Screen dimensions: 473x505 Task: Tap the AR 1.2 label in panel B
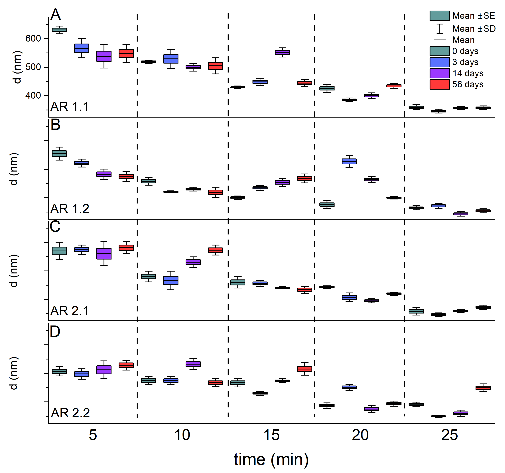[x=70, y=209]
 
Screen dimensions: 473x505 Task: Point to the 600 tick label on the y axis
[x=33, y=39]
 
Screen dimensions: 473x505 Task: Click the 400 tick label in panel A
[x=33, y=96]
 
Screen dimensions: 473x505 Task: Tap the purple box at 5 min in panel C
[x=104, y=254]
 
